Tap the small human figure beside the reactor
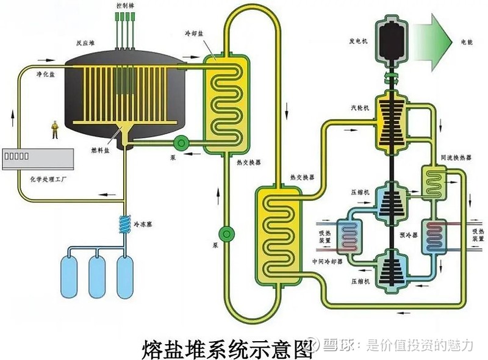coord(56,130)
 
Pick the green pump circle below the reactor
coord(181,143)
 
